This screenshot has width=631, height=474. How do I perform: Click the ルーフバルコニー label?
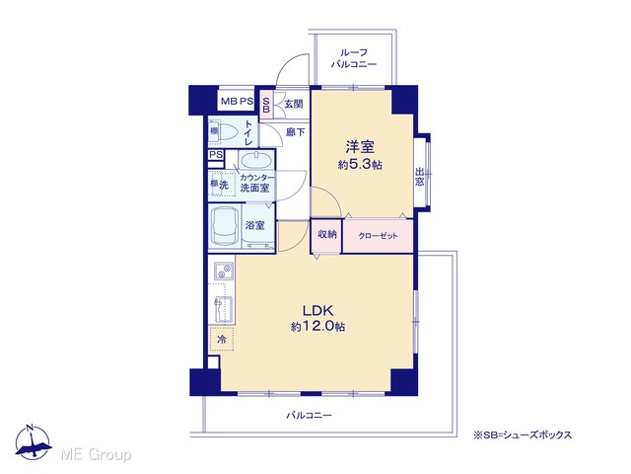354,58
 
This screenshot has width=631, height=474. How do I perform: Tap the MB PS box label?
237,102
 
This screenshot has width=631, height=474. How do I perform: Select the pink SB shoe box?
266,105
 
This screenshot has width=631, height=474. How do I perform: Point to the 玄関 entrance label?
294,104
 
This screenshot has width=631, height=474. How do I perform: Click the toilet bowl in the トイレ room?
228,131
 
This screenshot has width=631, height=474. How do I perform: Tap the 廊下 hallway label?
295,132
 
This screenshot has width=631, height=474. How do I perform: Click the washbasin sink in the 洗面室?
255,160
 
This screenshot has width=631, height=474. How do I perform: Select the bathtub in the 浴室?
224,227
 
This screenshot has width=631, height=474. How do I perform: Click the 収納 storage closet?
326,236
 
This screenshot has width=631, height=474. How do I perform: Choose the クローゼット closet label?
378,236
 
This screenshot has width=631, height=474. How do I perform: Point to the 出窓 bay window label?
419,177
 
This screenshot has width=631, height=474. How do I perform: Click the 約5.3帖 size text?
360,165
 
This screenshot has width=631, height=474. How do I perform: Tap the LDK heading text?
317,310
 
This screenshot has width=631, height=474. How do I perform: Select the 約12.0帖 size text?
317,327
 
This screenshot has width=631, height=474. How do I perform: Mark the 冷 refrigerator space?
221,340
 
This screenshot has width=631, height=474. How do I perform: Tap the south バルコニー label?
309,415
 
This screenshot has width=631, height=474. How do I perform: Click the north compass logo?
33,442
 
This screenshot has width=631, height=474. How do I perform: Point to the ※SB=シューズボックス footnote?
523,435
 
